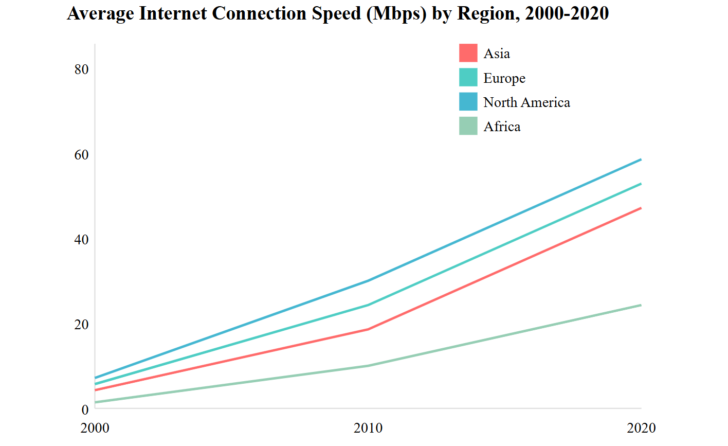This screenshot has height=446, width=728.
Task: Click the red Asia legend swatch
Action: click(x=468, y=53)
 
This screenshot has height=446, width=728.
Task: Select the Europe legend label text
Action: click(x=504, y=78)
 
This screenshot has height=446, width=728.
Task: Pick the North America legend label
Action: click(x=526, y=102)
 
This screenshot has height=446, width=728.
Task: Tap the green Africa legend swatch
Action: click(x=468, y=126)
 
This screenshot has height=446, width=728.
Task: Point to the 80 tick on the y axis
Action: click(x=81, y=69)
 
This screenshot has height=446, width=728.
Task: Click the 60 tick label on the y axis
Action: click(x=81, y=155)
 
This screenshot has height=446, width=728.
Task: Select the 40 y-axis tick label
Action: click(x=81, y=240)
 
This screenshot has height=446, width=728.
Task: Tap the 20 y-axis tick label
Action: click(x=81, y=325)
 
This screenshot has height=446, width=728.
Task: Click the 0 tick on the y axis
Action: click(x=85, y=409)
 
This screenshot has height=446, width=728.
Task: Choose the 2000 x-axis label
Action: click(x=95, y=428)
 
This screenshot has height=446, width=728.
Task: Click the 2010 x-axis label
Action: click(x=368, y=428)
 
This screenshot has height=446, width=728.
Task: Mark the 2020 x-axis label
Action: click(x=641, y=428)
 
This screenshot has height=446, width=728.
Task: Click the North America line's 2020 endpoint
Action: click(x=641, y=159)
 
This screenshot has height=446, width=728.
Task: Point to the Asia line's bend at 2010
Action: click(x=368, y=329)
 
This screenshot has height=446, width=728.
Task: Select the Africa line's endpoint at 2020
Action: click(x=641, y=305)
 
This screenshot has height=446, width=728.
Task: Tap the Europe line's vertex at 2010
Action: click(x=368, y=305)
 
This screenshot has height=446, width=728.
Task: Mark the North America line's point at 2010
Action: click(x=368, y=280)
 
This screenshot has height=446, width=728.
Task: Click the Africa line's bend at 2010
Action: click(x=368, y=366)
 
